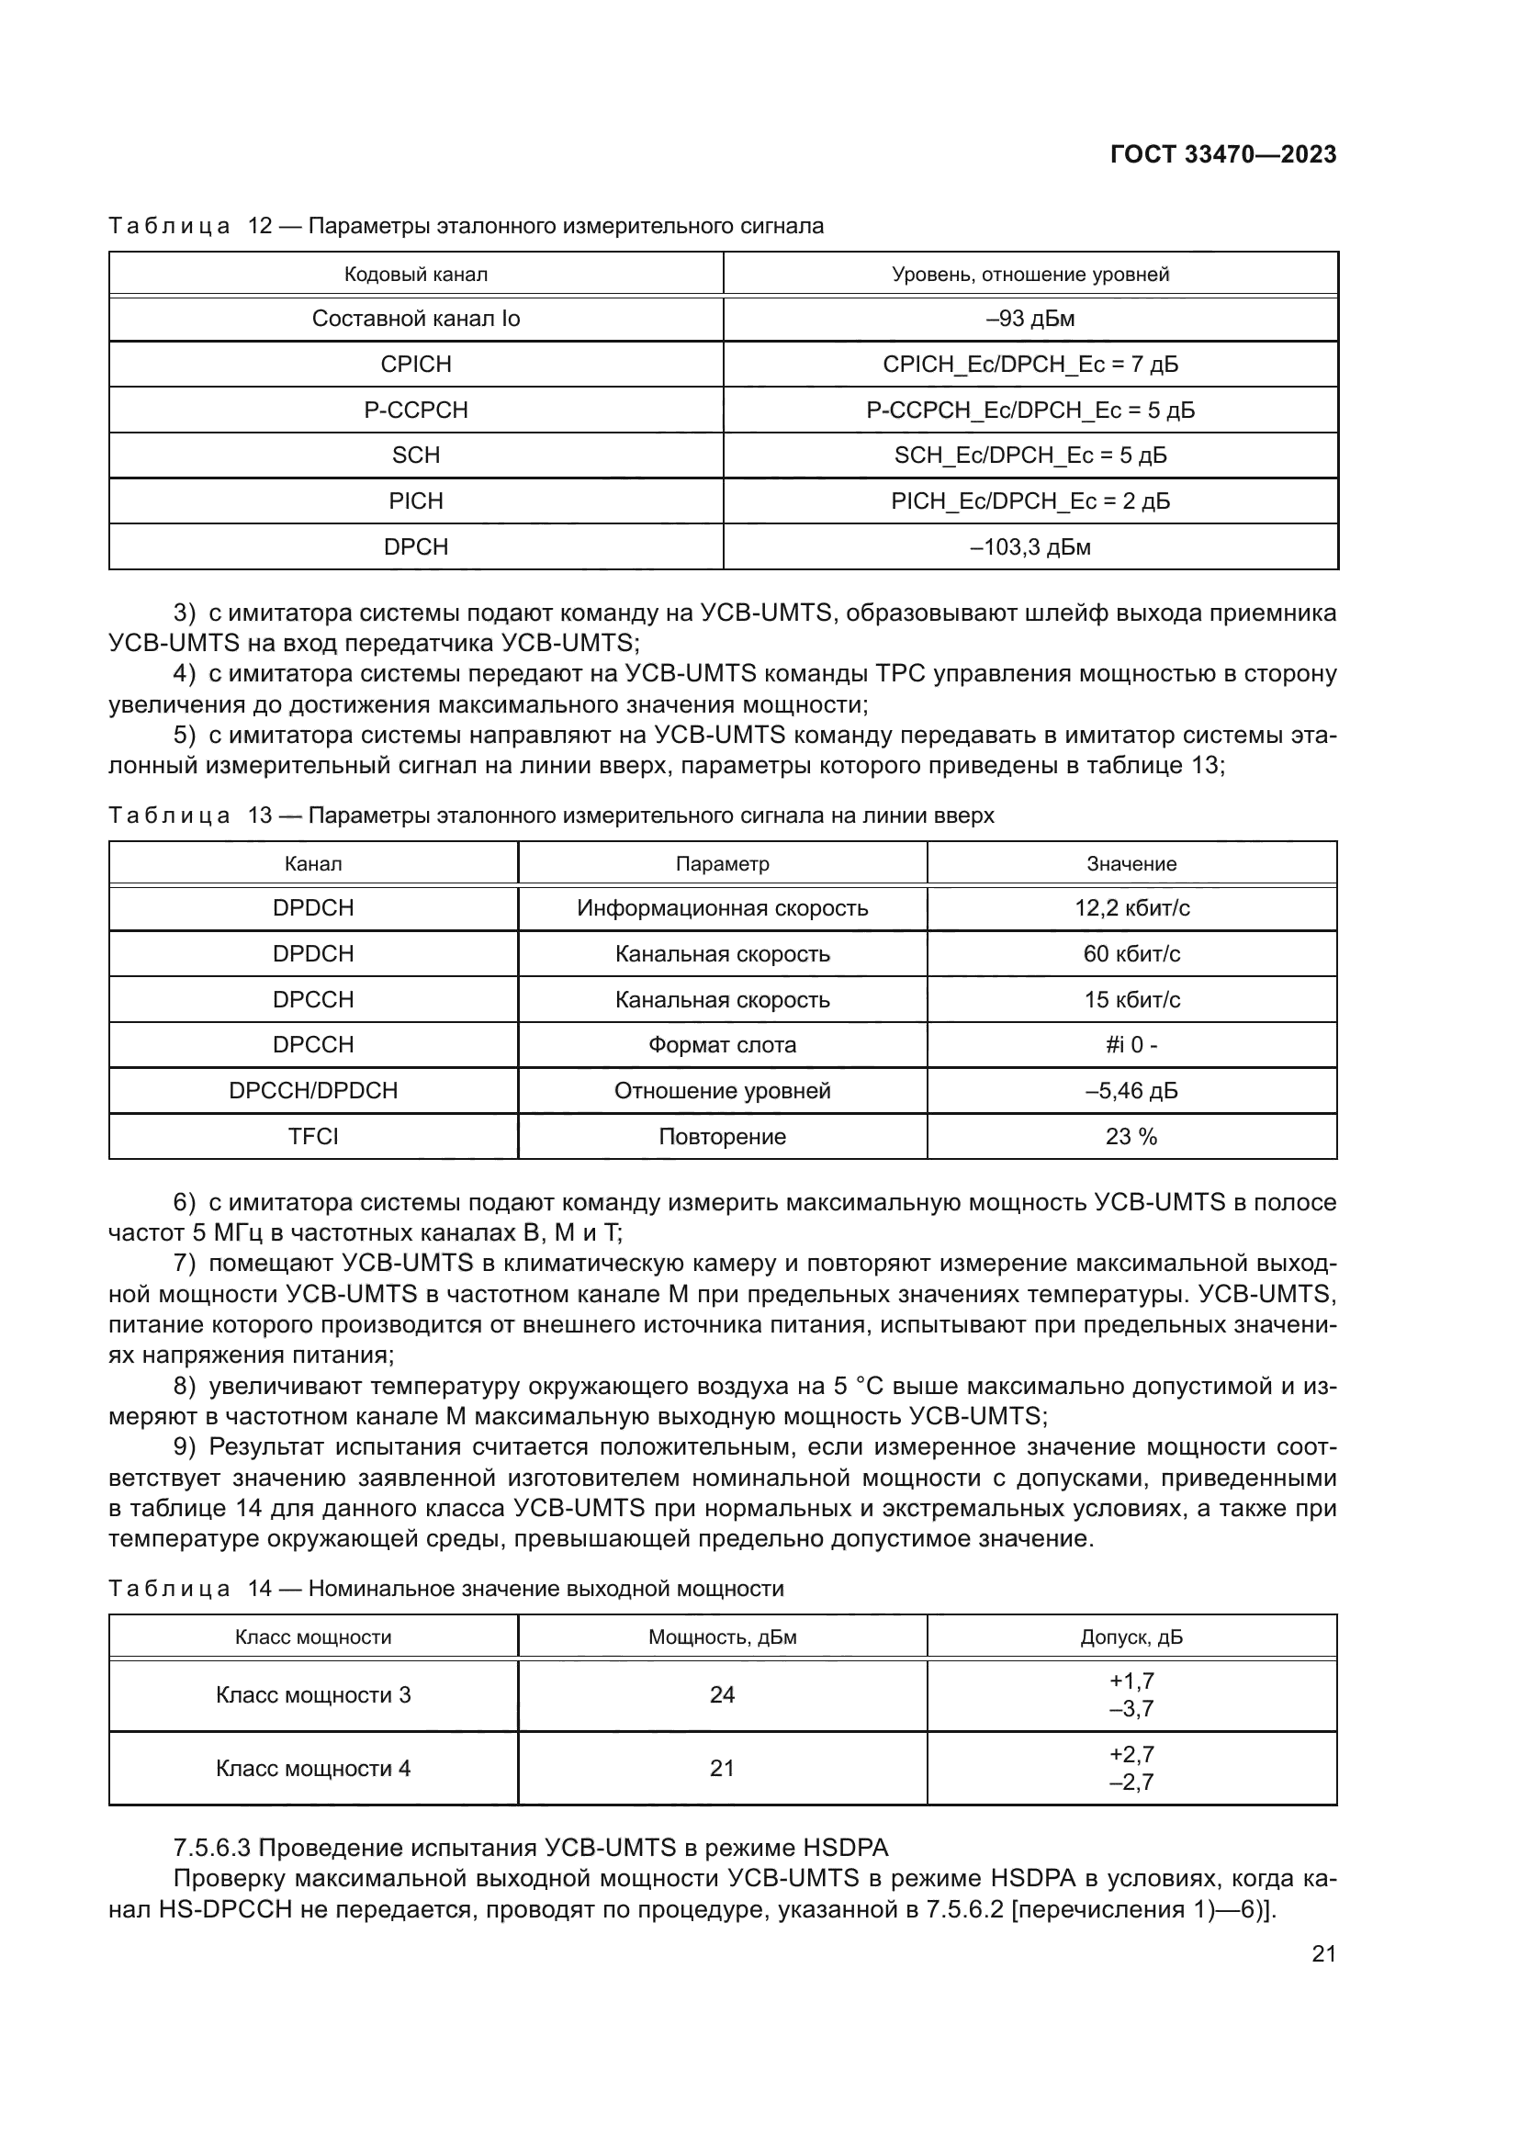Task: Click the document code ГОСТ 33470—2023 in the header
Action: [1222, 154]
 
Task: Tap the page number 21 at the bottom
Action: [1323, 1953]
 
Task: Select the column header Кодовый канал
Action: [415, 274]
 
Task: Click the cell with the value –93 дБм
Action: [1030, 319]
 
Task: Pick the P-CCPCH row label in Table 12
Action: [415, 410]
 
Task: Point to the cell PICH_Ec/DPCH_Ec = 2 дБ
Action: [1030, 501]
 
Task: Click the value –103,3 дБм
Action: [1030, 547]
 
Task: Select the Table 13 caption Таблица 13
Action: [190, 815]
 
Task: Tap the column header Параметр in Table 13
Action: [722, 863]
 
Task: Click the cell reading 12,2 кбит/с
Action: [1131, 908]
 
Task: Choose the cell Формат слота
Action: [722, 1045]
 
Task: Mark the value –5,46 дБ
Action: [1131, 1091]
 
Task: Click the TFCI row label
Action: [312, 1137]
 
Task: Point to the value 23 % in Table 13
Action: [1131, 1137]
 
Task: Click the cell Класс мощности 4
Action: [312, 1768]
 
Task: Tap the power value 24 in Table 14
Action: [722, 1695]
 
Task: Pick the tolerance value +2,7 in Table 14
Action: [1131, 1754]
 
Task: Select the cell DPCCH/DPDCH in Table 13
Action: [312, 1091]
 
